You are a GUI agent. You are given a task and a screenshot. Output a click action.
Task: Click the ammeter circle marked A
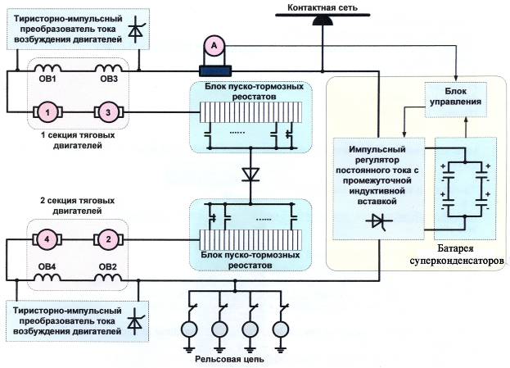pyautogui.click(x=214, y=46)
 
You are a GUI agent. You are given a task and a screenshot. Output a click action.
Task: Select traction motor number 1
pyautogui.click(x=47, y=112)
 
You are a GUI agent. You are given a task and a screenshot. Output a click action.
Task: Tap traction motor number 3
pyautogui.click(x=108, y=112)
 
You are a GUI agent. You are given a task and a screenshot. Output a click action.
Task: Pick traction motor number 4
pyautogui.click(x=47, y=239)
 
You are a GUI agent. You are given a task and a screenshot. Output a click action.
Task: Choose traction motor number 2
pyautogui.click(x=108, y=239)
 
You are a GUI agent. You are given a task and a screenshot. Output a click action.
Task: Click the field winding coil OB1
pyautogui.click(x=47, y=68)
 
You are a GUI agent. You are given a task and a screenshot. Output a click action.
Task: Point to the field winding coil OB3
pyautogui.click(x=108, y=68)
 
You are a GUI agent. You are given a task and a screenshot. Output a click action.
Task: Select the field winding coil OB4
pyautogui.click(x=47, y=277)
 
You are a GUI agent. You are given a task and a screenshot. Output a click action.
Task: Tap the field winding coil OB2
pyautogui.click(x=108, y=277)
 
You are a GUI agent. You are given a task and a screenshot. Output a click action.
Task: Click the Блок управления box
pyautogui.click(x=456, y=99)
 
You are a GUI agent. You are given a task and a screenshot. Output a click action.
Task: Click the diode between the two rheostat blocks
pyautogui.click(x=250, y=175)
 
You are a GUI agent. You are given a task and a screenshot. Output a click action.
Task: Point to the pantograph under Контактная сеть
pyautogui.click(x=323, y=20)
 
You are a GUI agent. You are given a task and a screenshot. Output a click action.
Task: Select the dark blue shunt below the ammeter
pyautogui.click(x=215, y=70)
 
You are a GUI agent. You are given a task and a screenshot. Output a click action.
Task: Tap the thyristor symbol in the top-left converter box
pyautogui.click(x=136, y=30)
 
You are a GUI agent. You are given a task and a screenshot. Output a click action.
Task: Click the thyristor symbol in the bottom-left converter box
pyautogui.click(x=136, y=322)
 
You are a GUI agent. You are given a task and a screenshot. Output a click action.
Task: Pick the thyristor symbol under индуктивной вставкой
pyautogui.click(x=379, y=221)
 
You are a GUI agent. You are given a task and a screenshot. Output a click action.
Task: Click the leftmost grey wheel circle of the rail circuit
pyautogui.click(x=189, y=329)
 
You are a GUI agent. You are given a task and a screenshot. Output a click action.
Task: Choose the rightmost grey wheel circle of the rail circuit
pyautogui.click(x=281, y=329)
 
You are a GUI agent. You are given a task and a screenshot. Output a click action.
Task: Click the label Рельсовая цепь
pyautogui.click(x=229, y=359)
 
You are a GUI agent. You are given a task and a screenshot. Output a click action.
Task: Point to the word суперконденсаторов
pyautogui.click(x=457, y=261)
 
